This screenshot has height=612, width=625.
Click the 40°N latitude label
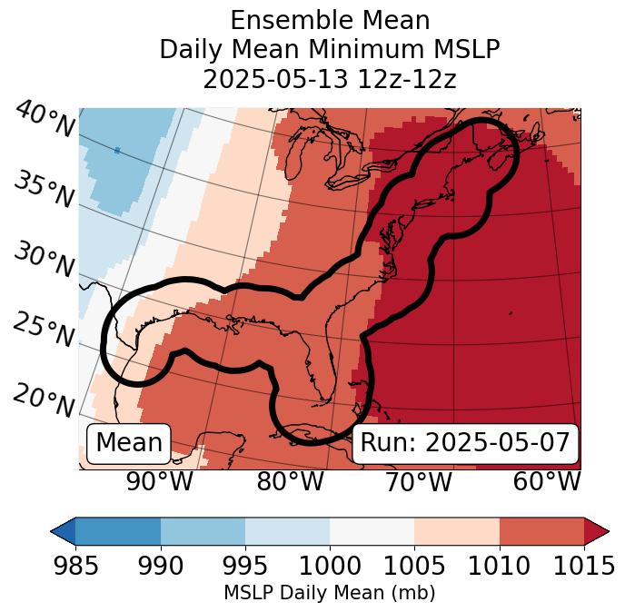45,120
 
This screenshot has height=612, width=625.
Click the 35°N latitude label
44,190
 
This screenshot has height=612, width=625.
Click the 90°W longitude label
160,482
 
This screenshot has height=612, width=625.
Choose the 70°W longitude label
418,482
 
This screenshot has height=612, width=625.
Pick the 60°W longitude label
546,482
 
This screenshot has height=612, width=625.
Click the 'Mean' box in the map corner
129,443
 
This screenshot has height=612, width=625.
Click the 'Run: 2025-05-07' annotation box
465,443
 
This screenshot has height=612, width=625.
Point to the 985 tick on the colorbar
75,567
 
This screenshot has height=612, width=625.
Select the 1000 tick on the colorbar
330,567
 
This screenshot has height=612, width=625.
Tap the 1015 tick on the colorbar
584,567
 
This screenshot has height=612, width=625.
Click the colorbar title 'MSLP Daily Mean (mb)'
329,594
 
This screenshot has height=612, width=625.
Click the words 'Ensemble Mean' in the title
330,20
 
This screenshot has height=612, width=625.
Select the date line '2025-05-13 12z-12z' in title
330,79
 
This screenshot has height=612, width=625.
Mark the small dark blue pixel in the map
117,150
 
